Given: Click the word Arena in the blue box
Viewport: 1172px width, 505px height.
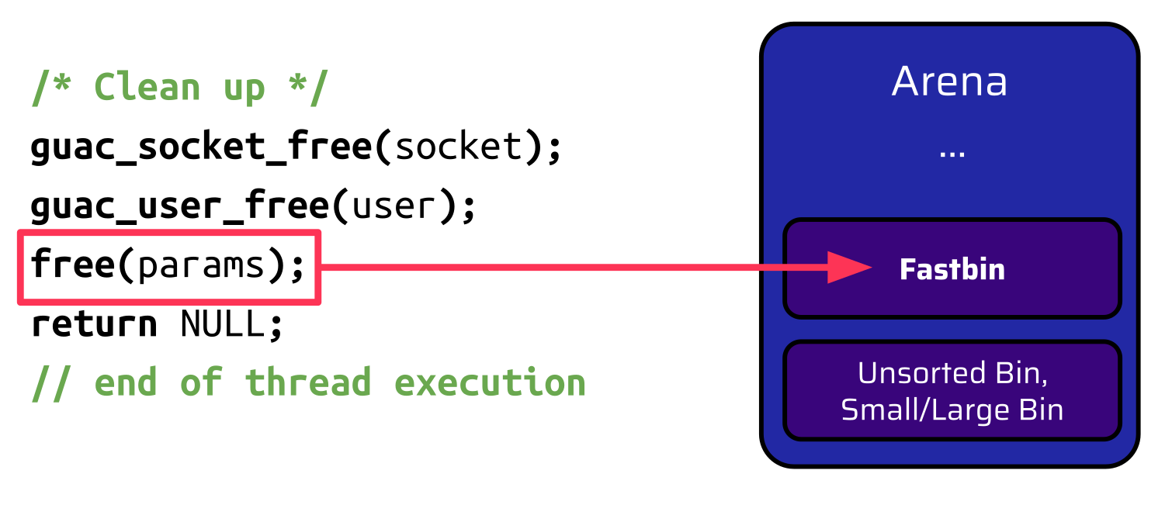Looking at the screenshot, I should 949,81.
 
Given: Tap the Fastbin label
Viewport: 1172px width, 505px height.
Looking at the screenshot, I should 952,269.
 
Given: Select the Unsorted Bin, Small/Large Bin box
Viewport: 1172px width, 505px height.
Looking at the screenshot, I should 952,390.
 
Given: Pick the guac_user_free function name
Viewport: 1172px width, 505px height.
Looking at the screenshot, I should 180,206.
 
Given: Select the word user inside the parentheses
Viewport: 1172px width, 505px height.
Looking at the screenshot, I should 393,206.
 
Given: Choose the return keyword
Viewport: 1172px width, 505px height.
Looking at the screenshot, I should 94,324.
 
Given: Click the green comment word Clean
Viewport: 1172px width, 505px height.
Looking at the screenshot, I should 147,88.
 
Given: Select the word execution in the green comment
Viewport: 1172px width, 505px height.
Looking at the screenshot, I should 490,383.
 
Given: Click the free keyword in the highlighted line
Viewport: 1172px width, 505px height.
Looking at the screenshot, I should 71,266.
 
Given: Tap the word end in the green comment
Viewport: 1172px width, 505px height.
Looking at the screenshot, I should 126,383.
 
